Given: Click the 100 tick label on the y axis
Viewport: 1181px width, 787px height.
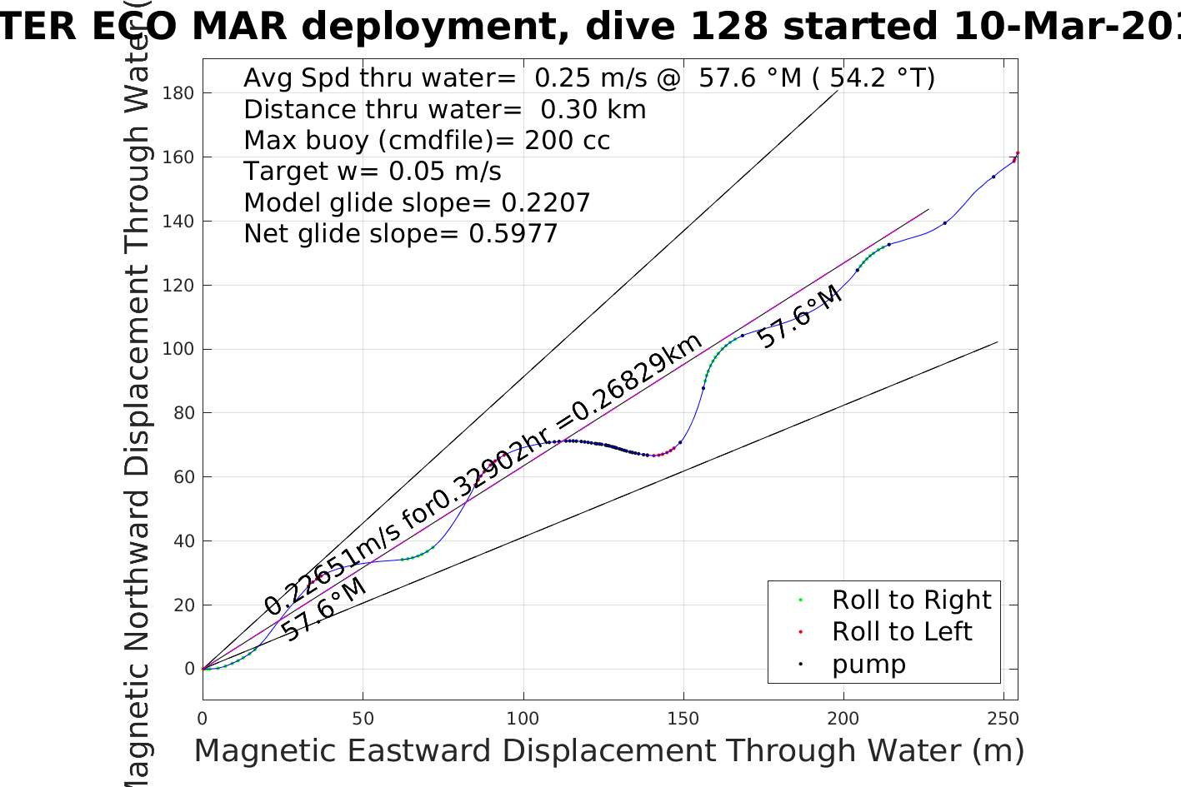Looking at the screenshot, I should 178,349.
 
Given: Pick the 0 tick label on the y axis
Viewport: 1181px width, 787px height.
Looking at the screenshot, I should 189,669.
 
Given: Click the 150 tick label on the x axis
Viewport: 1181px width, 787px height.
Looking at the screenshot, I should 683,719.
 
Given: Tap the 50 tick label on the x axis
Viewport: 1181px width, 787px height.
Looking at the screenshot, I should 363,719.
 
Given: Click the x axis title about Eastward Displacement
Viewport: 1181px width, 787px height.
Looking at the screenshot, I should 608,750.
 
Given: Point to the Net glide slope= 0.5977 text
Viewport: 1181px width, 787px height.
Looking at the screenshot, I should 400,234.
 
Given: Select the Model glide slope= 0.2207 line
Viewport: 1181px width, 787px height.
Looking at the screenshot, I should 417,202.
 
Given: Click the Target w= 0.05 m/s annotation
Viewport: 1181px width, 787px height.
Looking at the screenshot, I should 372,172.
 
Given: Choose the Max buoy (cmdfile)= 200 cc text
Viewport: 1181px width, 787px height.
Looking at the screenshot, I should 427,140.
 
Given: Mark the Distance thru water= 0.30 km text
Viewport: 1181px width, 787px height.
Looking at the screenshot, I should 444,109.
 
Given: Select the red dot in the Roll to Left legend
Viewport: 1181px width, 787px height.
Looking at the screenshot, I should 800,632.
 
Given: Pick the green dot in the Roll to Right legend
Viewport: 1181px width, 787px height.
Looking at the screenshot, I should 800,600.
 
